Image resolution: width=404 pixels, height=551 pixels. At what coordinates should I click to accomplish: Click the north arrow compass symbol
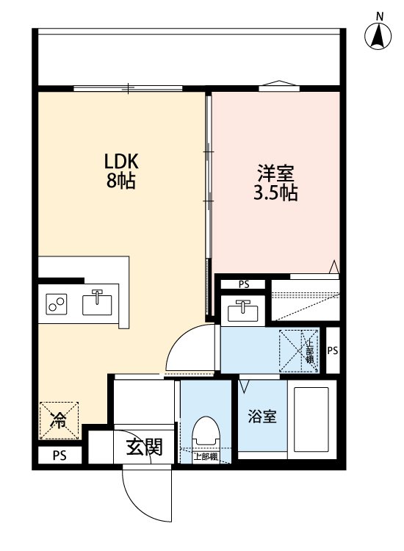[x=379, y=33]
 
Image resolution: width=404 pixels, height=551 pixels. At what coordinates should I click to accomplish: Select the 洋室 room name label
[x=275, y=176]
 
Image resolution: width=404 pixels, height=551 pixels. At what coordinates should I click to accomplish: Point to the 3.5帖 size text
[x=276, y=195]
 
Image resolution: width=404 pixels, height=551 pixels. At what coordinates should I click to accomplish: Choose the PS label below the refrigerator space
[x=59, y=455]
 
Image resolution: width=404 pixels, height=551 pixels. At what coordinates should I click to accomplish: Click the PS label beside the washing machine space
[x=332, y=351]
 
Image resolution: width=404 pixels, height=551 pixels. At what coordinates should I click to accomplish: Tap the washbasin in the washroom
[x=243, y=311]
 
